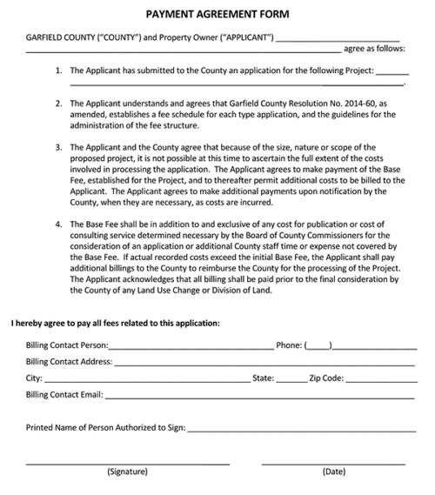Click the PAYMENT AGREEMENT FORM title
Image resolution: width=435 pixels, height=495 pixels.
pyautogui.click(x=217, y=15)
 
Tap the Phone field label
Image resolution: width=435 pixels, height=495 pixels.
pyautogui.click(x=289, y=345)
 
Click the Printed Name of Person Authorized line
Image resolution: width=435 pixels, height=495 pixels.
pyautogui.click(x=300, y=430)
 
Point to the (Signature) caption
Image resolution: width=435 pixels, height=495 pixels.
pyautogui.click(x=128, y=472)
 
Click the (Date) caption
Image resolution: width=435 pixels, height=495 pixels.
pyautogui.click(x=334, y=472)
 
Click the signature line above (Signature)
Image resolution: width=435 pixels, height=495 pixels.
pyautogui.click(x=128, y=463)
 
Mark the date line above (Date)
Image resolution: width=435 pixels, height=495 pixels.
pyautogui.click(x=334, y=463)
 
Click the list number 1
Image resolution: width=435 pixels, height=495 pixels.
pyautogui.click(x=58, y=70)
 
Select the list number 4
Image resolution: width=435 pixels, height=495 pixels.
pyautogui.click(x=58, y=224)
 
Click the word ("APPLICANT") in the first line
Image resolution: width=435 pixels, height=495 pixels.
pyautogui.click(x=240, y=37)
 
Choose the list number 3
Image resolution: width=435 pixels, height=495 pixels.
pyautogui.click(x=58, y=147)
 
